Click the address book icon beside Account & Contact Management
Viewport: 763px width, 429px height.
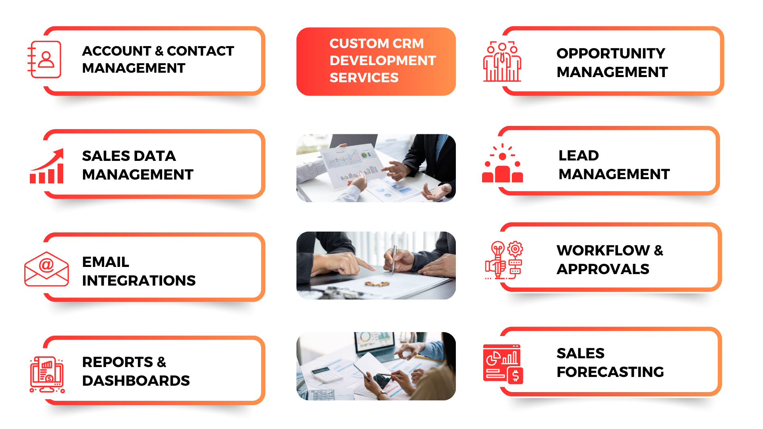[x=45, y=60]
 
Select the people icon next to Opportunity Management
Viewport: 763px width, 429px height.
[x=502, y=62]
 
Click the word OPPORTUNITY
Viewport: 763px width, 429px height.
[x=610, y=53]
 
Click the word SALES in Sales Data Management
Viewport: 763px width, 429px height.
[x=105, y=156]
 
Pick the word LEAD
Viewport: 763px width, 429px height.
[x=578, y=155]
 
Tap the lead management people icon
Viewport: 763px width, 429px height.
[x=502, y=164]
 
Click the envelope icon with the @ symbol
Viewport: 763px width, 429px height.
[x=46, y=269]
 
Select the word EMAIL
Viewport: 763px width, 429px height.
[x=105, y=262]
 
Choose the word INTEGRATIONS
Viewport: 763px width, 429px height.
[x=139, y=280]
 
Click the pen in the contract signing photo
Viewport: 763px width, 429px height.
[x=394, y=259]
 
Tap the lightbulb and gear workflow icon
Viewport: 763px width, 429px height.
[x=504, y=260]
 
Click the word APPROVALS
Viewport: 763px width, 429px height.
[x=602, y=269]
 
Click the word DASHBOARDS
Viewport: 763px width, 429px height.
[x=136, y=381]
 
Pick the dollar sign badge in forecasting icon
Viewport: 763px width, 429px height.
[x=515, y=375]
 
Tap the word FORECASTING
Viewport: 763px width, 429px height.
[x=610, y=372]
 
